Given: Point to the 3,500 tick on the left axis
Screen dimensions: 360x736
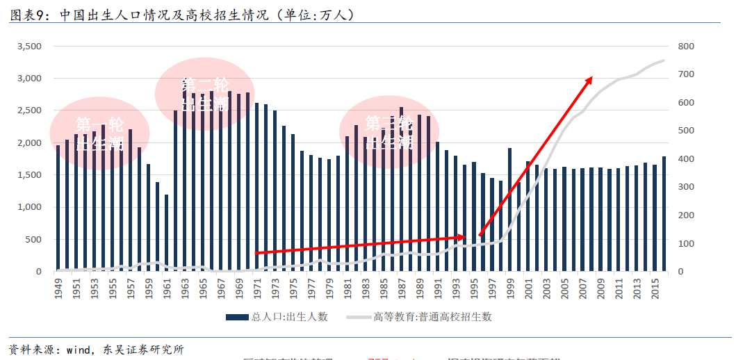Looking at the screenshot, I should pos(29,47).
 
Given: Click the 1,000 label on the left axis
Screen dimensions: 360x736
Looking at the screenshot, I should pos(29,207).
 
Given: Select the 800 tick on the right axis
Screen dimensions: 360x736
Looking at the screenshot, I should pos(686,47).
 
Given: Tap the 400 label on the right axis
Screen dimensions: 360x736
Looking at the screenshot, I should pos(686,159).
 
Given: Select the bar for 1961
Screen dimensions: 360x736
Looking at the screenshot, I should pos(167,233).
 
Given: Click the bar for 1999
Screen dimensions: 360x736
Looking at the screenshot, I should pos(509,209).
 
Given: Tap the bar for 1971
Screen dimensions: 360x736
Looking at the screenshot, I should pos(257,187).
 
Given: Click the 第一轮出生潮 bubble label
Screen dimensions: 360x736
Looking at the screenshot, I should pos(99,134).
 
